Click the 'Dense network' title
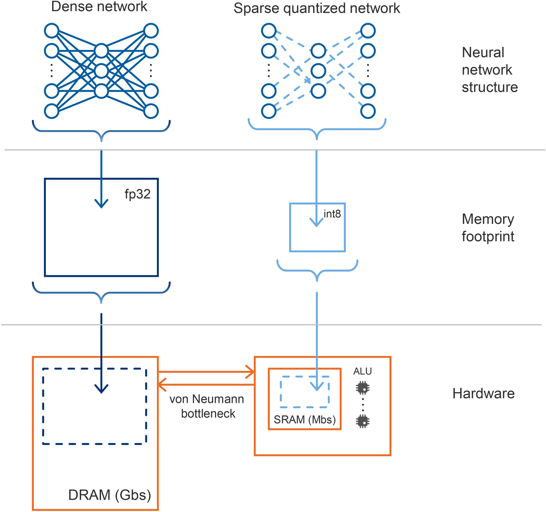[x=99, y=7]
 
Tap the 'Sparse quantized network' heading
[x=317, y=9]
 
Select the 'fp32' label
[x=137, y=194]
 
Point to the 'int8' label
[x=332, y=214]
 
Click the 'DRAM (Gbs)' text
[x=110, y=495]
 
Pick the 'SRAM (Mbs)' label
[x=305, y=420]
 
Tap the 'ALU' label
[x=363, y=371]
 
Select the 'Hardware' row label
[x=483, y=394]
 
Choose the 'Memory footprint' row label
[x=488, y=228]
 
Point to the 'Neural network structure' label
[x=490, y=70]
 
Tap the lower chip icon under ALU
[x=363, y=421]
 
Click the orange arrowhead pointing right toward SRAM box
[x=251, y=372]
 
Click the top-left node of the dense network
[x=52, y=31]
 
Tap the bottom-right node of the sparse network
[x=368, y=111]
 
